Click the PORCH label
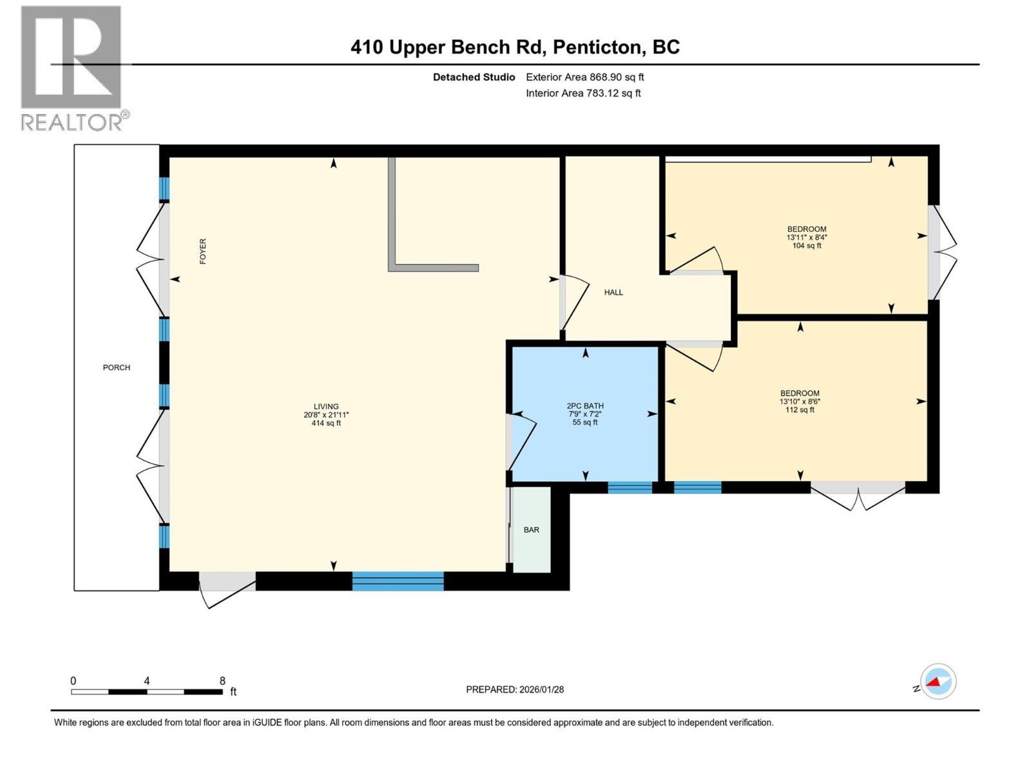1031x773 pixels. (117, 367)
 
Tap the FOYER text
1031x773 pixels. (203, 251)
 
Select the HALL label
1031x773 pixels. (613, 292)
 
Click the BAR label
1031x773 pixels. (531, 530)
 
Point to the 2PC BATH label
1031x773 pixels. (585, 406)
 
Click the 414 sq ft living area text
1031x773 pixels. (326, 423)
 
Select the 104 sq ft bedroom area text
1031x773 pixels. (807, 245)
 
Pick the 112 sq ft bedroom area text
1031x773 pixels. (800, 410)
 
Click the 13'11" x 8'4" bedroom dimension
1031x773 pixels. (807, 238)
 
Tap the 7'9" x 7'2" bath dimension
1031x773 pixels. (585, 414)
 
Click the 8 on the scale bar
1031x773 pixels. (222, 680)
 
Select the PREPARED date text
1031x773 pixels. (515, 689)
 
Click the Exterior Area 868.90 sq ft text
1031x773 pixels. (585, 77)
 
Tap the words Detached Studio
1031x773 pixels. (474, 77)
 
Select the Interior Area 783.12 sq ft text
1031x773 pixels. (583, 93)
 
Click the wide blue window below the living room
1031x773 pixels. (398, 580)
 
